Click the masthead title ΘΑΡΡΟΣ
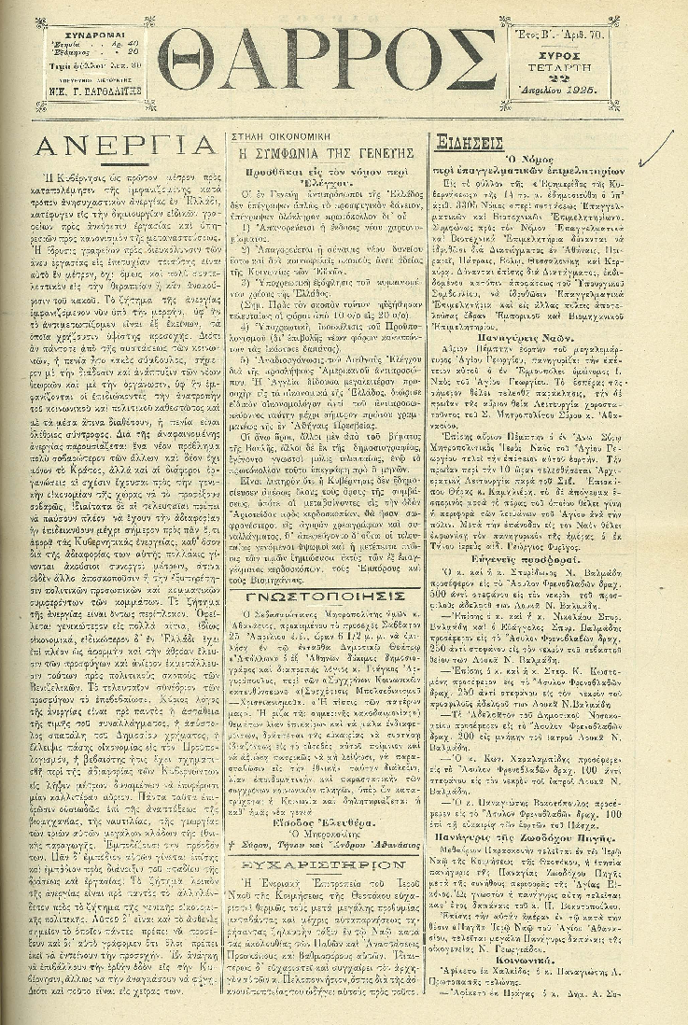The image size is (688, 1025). [x=326, y=60]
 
